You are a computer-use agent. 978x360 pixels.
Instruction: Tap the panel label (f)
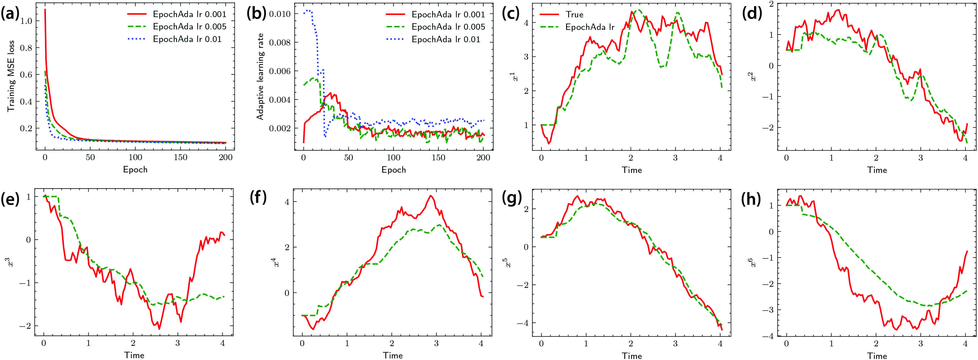[x=258, y=198]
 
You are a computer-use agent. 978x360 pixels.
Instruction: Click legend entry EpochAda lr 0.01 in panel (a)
[x=187, y=39]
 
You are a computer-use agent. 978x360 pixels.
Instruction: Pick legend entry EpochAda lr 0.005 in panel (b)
[x=448, y=26]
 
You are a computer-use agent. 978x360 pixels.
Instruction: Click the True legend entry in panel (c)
[x=574, y=14]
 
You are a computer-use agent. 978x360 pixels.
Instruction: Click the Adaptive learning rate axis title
[x=260, y=76]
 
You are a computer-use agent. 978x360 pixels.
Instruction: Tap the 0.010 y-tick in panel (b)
[x=280, y=14]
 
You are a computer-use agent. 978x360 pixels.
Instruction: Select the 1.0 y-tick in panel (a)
[x=26, y=21]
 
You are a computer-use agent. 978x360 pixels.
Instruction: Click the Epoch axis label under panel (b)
[x=393, y=170]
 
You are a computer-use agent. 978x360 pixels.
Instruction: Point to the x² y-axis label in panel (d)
[x=754, y=76]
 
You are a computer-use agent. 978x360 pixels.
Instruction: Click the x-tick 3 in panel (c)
[x=675, y=157]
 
